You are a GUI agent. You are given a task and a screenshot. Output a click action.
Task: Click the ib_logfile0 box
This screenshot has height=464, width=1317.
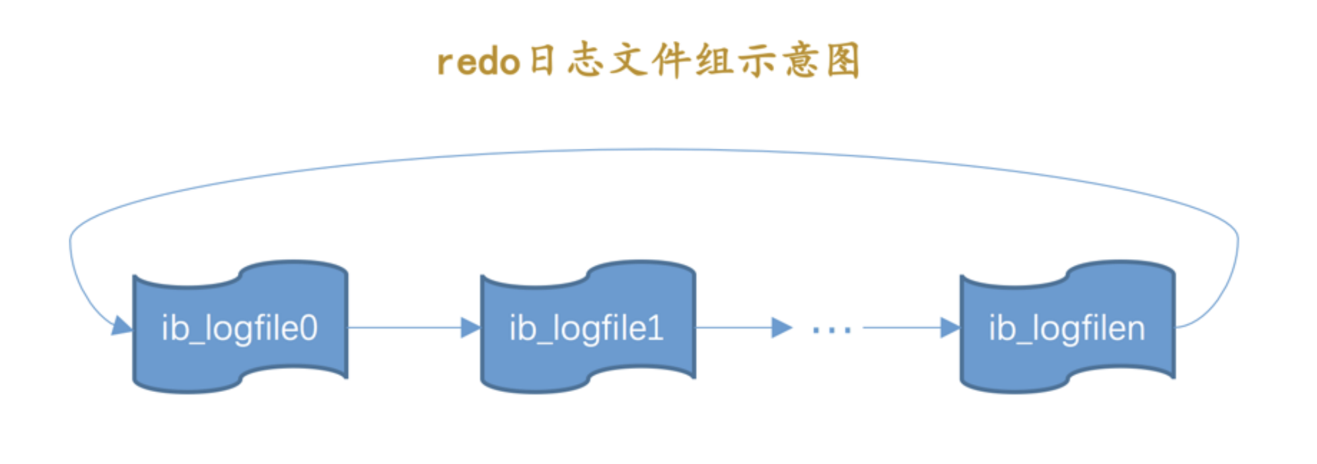click(240, 327)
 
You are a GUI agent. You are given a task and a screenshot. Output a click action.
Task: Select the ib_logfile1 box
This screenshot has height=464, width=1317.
click(587, 327)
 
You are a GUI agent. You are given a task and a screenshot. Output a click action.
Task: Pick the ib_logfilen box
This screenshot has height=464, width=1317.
click(1067, 327)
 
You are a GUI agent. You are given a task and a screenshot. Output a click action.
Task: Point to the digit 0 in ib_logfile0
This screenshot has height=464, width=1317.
click(308, 328)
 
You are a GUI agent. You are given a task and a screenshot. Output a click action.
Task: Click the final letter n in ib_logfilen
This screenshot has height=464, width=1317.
click(1135, 329)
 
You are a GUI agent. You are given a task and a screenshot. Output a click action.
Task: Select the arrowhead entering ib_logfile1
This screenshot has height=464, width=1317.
click(470, 327)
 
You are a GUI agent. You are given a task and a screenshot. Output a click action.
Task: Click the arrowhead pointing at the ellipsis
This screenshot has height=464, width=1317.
click(781, 327)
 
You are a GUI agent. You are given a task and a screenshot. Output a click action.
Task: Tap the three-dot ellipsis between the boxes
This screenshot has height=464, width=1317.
click(832, 329)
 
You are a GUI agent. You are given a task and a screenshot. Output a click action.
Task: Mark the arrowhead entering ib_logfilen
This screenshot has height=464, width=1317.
click(950, 327)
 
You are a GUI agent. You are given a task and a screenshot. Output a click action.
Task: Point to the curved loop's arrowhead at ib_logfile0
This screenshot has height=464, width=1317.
click(122, 325)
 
